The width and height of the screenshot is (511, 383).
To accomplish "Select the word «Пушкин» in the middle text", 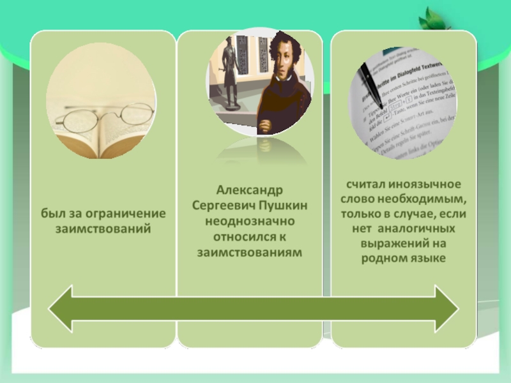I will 283,206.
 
